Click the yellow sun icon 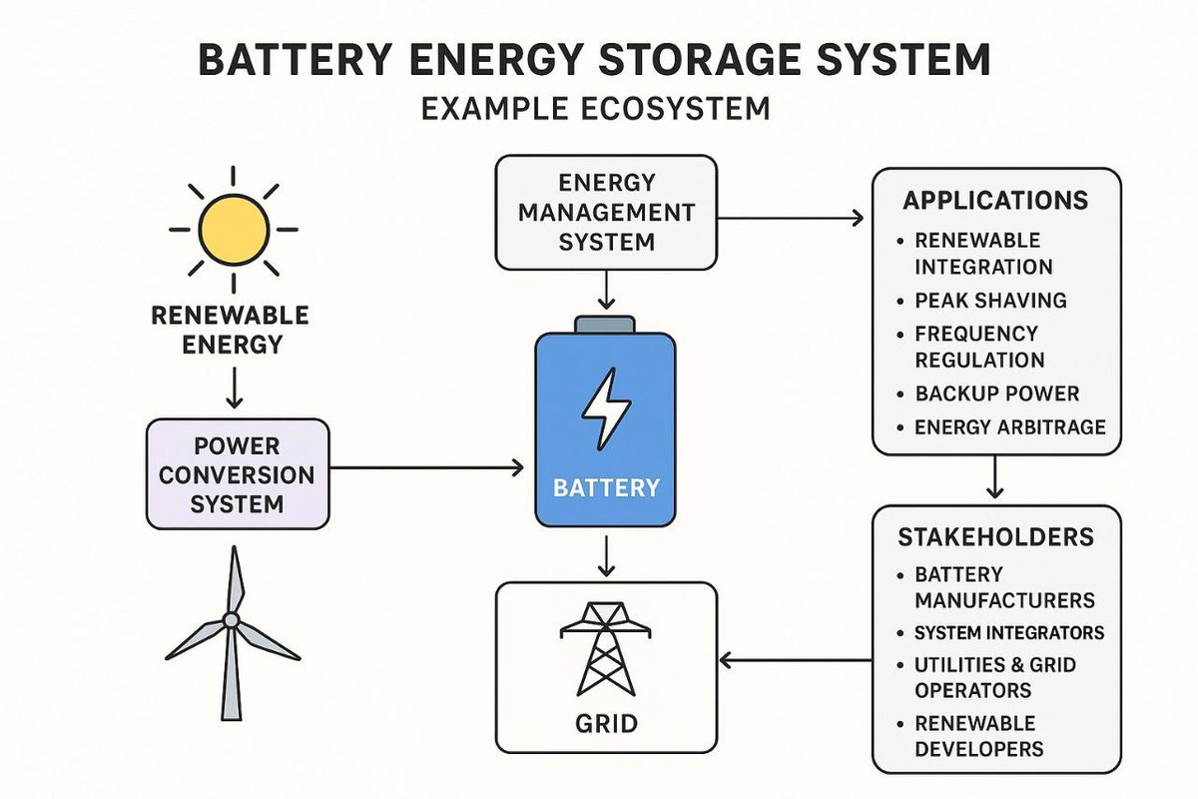233,229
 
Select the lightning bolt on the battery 606,408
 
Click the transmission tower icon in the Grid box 606,648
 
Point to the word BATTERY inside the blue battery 606,488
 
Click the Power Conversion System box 238,473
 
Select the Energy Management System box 606,213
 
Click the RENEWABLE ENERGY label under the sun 231,331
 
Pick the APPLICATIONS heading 995,201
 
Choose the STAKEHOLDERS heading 995,537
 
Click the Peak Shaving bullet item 990,301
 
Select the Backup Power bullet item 996,394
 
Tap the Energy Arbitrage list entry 1009,427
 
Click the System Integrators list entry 1008,633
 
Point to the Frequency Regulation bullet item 978,347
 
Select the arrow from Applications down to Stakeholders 994,477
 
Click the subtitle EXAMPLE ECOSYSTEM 595,108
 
